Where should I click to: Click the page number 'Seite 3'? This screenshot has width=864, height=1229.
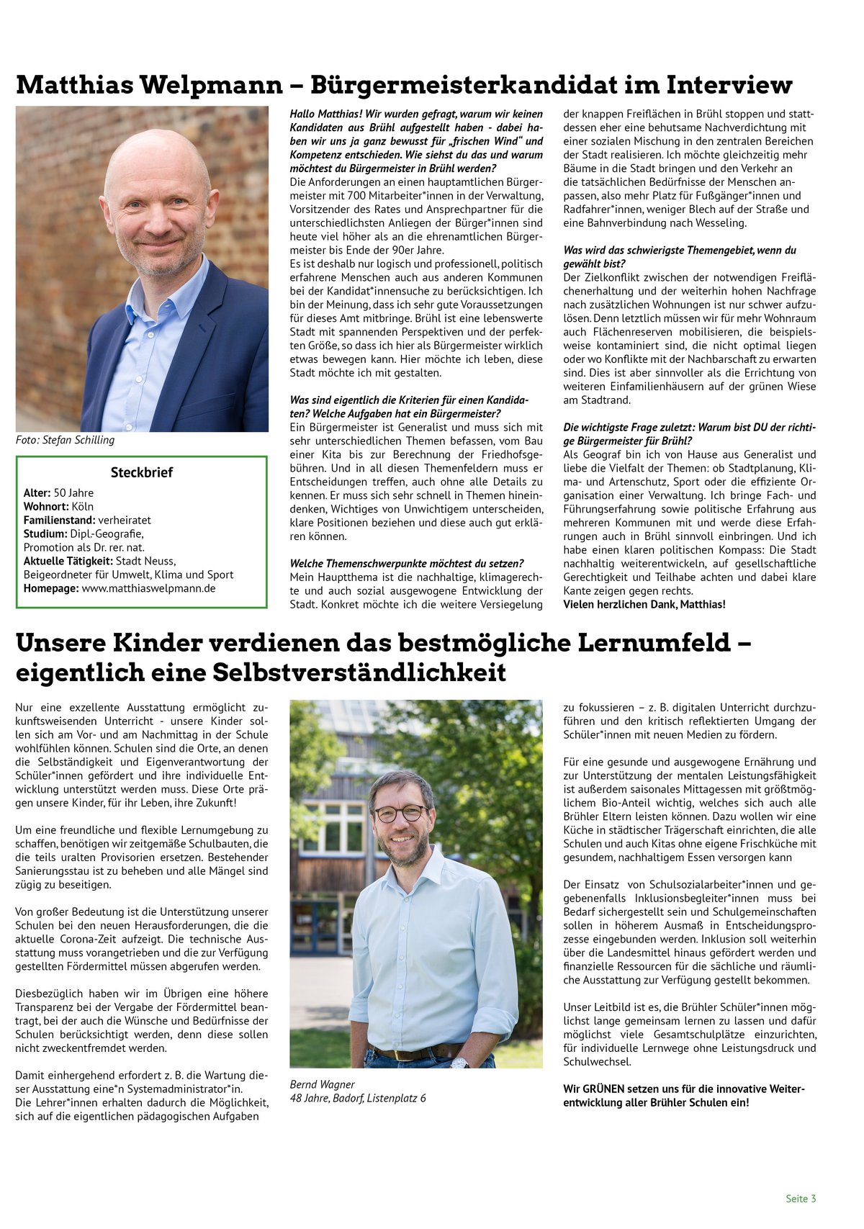[x=801, y=1199]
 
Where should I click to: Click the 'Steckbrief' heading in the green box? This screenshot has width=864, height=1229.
[x=141, y=473]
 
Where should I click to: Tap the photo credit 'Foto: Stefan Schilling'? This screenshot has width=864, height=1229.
[x=65, y=440]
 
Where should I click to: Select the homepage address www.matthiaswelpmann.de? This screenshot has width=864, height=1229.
[x=148, y=588]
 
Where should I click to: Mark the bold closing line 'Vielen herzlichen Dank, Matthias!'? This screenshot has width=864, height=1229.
[x=644, y=604]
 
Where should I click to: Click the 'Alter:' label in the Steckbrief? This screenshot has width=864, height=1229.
[x=37, y=493]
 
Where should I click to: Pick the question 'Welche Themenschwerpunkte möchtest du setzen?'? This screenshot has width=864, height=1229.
[x=406, y=564]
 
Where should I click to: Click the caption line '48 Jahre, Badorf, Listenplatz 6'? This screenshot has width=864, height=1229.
[x=357, y=1098]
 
